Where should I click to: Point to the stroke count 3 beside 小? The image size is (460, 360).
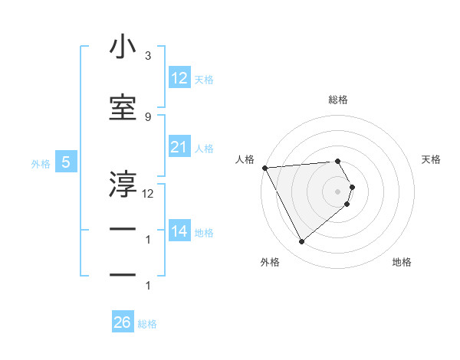tap(147, 56)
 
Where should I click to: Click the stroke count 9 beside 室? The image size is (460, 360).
tap(147, 116)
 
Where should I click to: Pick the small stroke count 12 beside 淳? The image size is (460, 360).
tap(148, 194)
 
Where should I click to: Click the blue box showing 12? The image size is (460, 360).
tap(179, 78)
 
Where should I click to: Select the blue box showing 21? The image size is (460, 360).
tap(179, 147)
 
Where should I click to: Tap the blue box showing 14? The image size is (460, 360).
tap(179, 231)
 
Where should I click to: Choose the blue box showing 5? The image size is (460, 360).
tap(67, 162)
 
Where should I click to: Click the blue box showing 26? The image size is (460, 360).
tap(123, 322)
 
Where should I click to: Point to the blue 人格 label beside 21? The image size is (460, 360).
tap(204, 149)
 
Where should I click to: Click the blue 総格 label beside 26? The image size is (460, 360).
tap(147, 324)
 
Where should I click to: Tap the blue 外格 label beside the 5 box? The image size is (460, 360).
tap(41, 163)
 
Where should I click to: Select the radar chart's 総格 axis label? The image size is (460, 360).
tap(338, 100)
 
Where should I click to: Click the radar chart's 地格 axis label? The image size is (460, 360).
tap(402, 262)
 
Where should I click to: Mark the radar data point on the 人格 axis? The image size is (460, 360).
tap(264, 168)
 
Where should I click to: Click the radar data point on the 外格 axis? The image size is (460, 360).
tap(301, 242)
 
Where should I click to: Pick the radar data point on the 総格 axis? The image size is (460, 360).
tap(338, 161)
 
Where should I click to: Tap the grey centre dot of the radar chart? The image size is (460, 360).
tap(338, 191)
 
